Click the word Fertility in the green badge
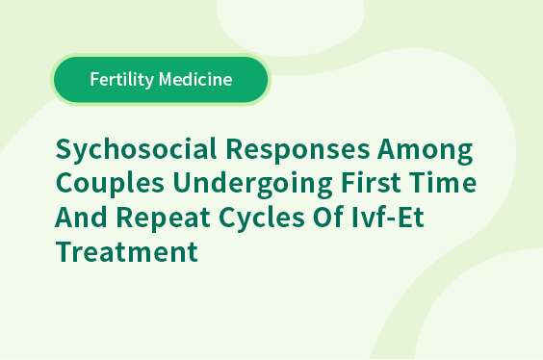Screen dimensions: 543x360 pyautogui.click(x=122, y=80)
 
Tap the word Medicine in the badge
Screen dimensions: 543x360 pyautogui.click(x=195, y=79)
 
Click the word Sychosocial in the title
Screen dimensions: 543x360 pyautogui.click(x=136, y=150)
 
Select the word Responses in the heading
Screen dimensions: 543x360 pyautogui.click(x=297, y=148)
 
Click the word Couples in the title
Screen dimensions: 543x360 pyautogui.click(x=110, y=184)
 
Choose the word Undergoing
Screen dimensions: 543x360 pyautogui.click(x=253, y=184)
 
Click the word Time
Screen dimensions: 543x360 pyautogui.click(x=443, y=182)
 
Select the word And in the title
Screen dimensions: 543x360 pyautogui.click(x=81, y=216)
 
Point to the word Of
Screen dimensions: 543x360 pyautogui.click(x=328, y=216)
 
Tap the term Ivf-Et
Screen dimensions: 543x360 pyautogui.click(x=388, y=216)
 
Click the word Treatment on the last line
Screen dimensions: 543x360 pyautogui.click(x=127, y=251)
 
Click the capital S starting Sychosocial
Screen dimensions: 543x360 pyautogui.click(x=64, y=148)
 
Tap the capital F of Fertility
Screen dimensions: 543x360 pyautogui.click(x=95, y=79)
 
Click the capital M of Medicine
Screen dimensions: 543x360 pyautogui.click(x=166, y=79)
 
